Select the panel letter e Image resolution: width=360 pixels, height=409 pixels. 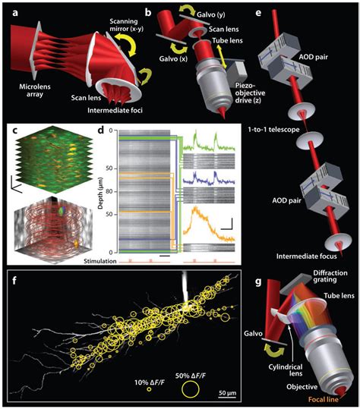pos(262,11)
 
